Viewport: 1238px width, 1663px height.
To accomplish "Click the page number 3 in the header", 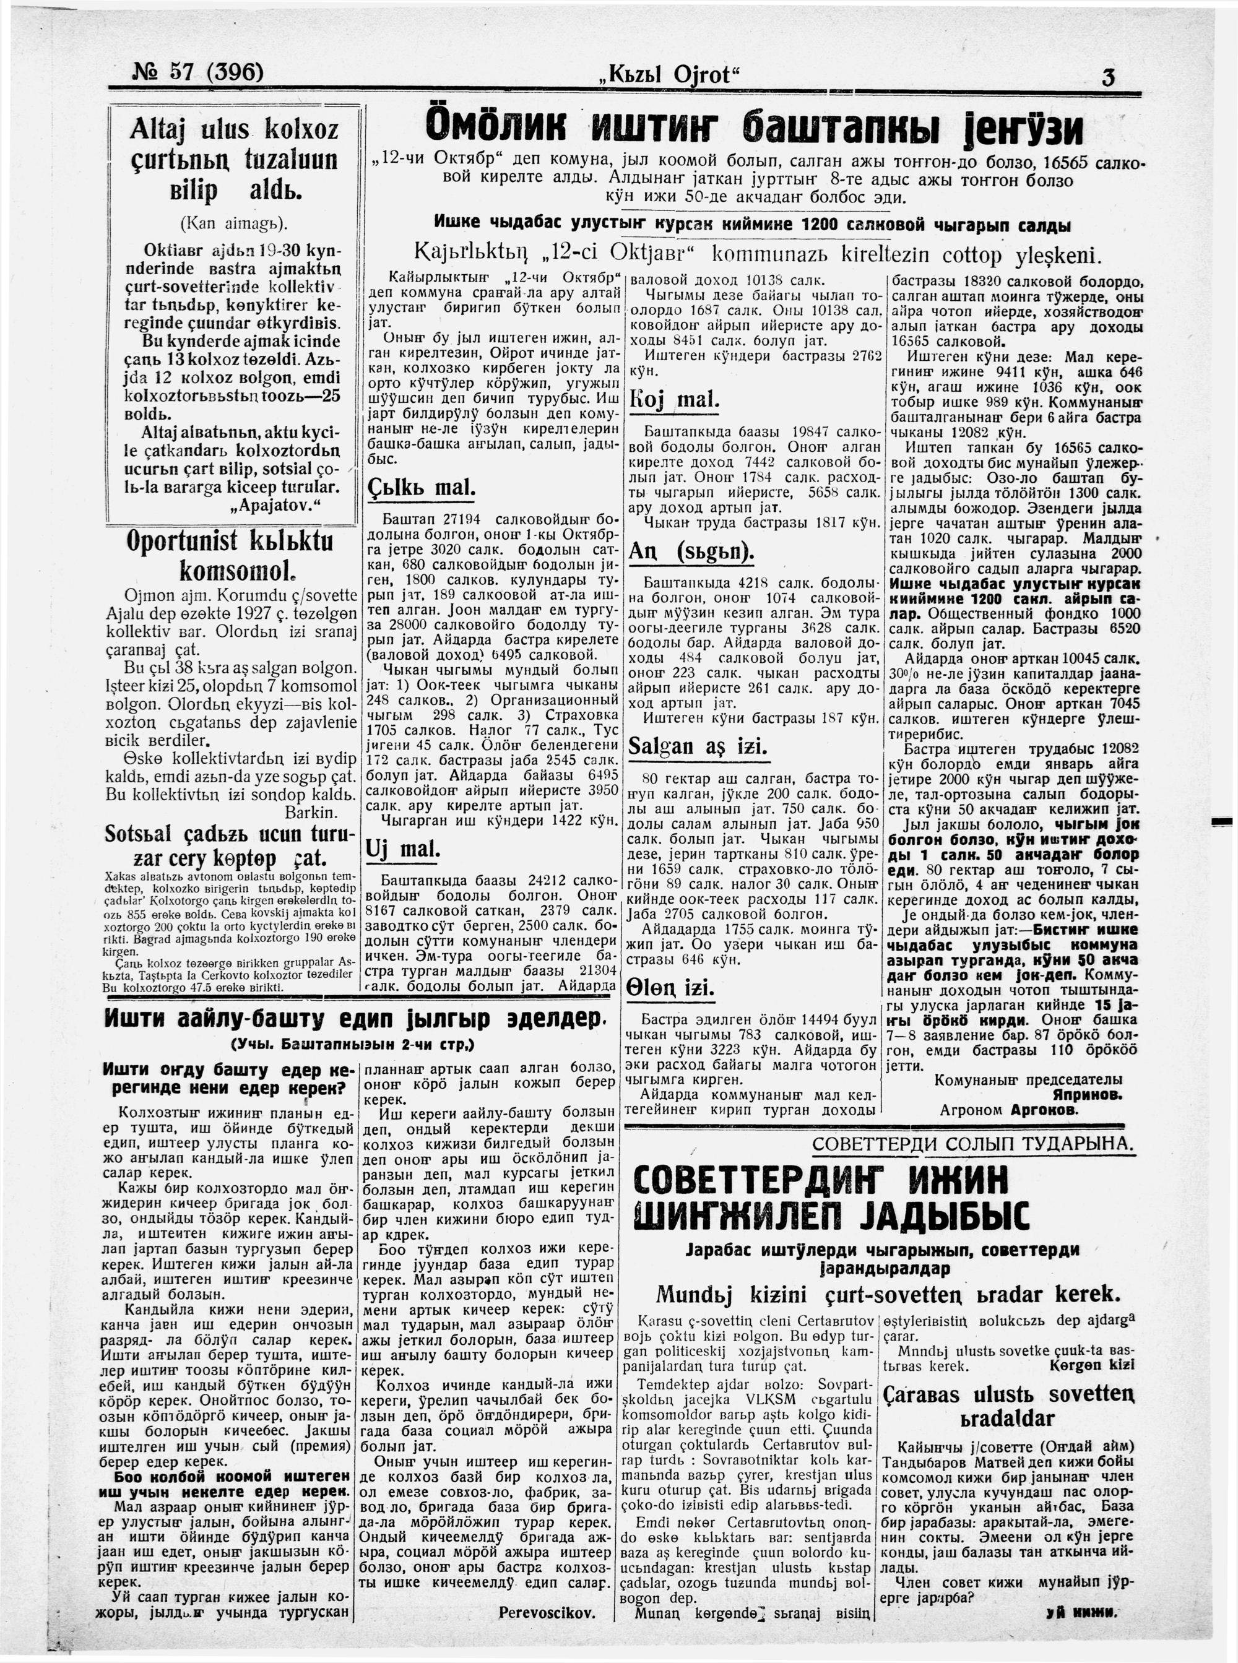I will tap(1109, 77).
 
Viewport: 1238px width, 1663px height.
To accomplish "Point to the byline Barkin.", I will tap(311, 812).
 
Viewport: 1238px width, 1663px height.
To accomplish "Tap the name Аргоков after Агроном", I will tap(1044, 1110).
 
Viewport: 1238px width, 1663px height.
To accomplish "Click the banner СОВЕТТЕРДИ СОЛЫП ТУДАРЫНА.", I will tap(972, 1143).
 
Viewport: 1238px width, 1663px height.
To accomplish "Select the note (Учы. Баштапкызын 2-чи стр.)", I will tap(353, 1044).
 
